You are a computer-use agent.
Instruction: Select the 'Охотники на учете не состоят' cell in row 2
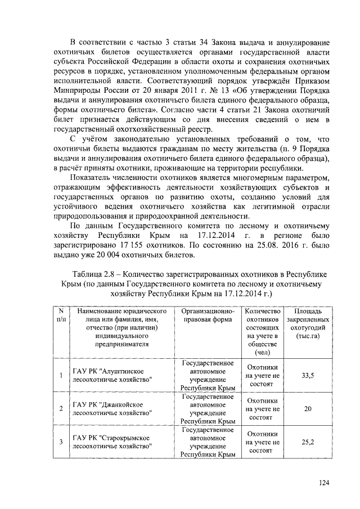[259, 408]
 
